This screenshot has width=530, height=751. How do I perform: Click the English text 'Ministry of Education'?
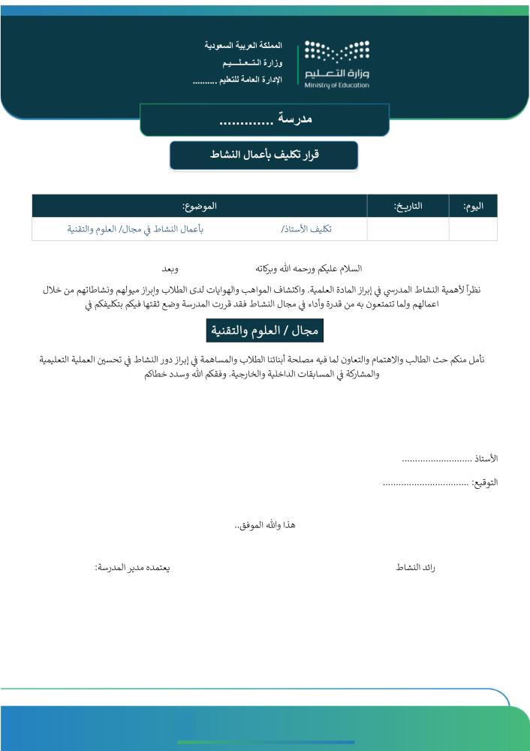coord(337,85)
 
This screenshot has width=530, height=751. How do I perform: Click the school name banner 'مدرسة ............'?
coord(265,120)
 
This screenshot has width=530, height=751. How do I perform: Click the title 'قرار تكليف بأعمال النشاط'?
coord(263,155)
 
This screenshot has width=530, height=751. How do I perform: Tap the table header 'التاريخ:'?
coord(408,206)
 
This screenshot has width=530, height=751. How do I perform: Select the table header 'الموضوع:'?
coord(199,206)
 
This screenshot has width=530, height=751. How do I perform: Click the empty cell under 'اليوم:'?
coord(473,229)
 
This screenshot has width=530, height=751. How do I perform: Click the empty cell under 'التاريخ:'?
coord(408,229)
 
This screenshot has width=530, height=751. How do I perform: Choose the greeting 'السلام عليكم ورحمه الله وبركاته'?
coord(309,268)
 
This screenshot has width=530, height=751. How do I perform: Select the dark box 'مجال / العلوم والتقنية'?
coord(264,330)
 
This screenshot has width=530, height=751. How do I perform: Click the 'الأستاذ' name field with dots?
coord(450,458)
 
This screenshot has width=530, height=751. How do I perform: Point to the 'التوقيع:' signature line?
coord(440,482)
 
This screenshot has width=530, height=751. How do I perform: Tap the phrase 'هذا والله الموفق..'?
coord(264,525)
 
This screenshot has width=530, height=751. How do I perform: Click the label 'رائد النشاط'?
coord(415,568)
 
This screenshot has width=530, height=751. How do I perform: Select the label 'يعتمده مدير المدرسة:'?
coord(132,568)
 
